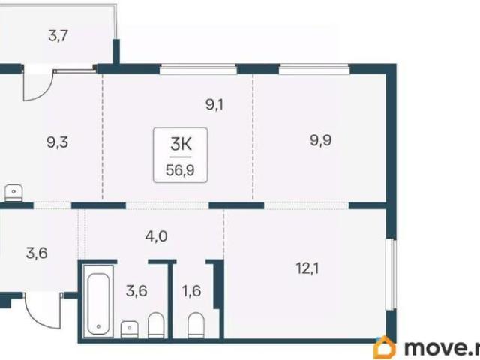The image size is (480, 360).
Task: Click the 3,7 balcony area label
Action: (x=58, y=36)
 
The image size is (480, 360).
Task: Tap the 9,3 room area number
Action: (x=57, y=142)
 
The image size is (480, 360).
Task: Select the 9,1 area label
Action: (x=214, y=105)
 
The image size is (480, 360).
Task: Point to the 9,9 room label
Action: (x=320, y=141)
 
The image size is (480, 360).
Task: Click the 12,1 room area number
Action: (x=307, y=268)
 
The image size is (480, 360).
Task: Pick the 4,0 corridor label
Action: (x=156, y=236)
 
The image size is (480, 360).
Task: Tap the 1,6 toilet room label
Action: (x=192, y=291)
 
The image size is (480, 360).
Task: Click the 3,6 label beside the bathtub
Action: (x=136, y=291)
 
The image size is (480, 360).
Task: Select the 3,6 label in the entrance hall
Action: (x=37, y=253)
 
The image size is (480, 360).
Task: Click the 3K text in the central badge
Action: (x=181, y=144)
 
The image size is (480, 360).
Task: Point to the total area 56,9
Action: (x=180, y=170)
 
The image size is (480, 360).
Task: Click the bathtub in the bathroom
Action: (x=98, y=304)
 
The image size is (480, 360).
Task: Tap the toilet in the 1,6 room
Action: (x=196, y=325)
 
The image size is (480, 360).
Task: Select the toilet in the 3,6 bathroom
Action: (x=156, y=325)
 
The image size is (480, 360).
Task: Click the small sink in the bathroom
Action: (x=130, y=328)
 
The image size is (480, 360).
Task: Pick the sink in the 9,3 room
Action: (x=13, y=193)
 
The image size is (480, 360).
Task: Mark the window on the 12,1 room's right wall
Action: (x=391, y=274)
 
